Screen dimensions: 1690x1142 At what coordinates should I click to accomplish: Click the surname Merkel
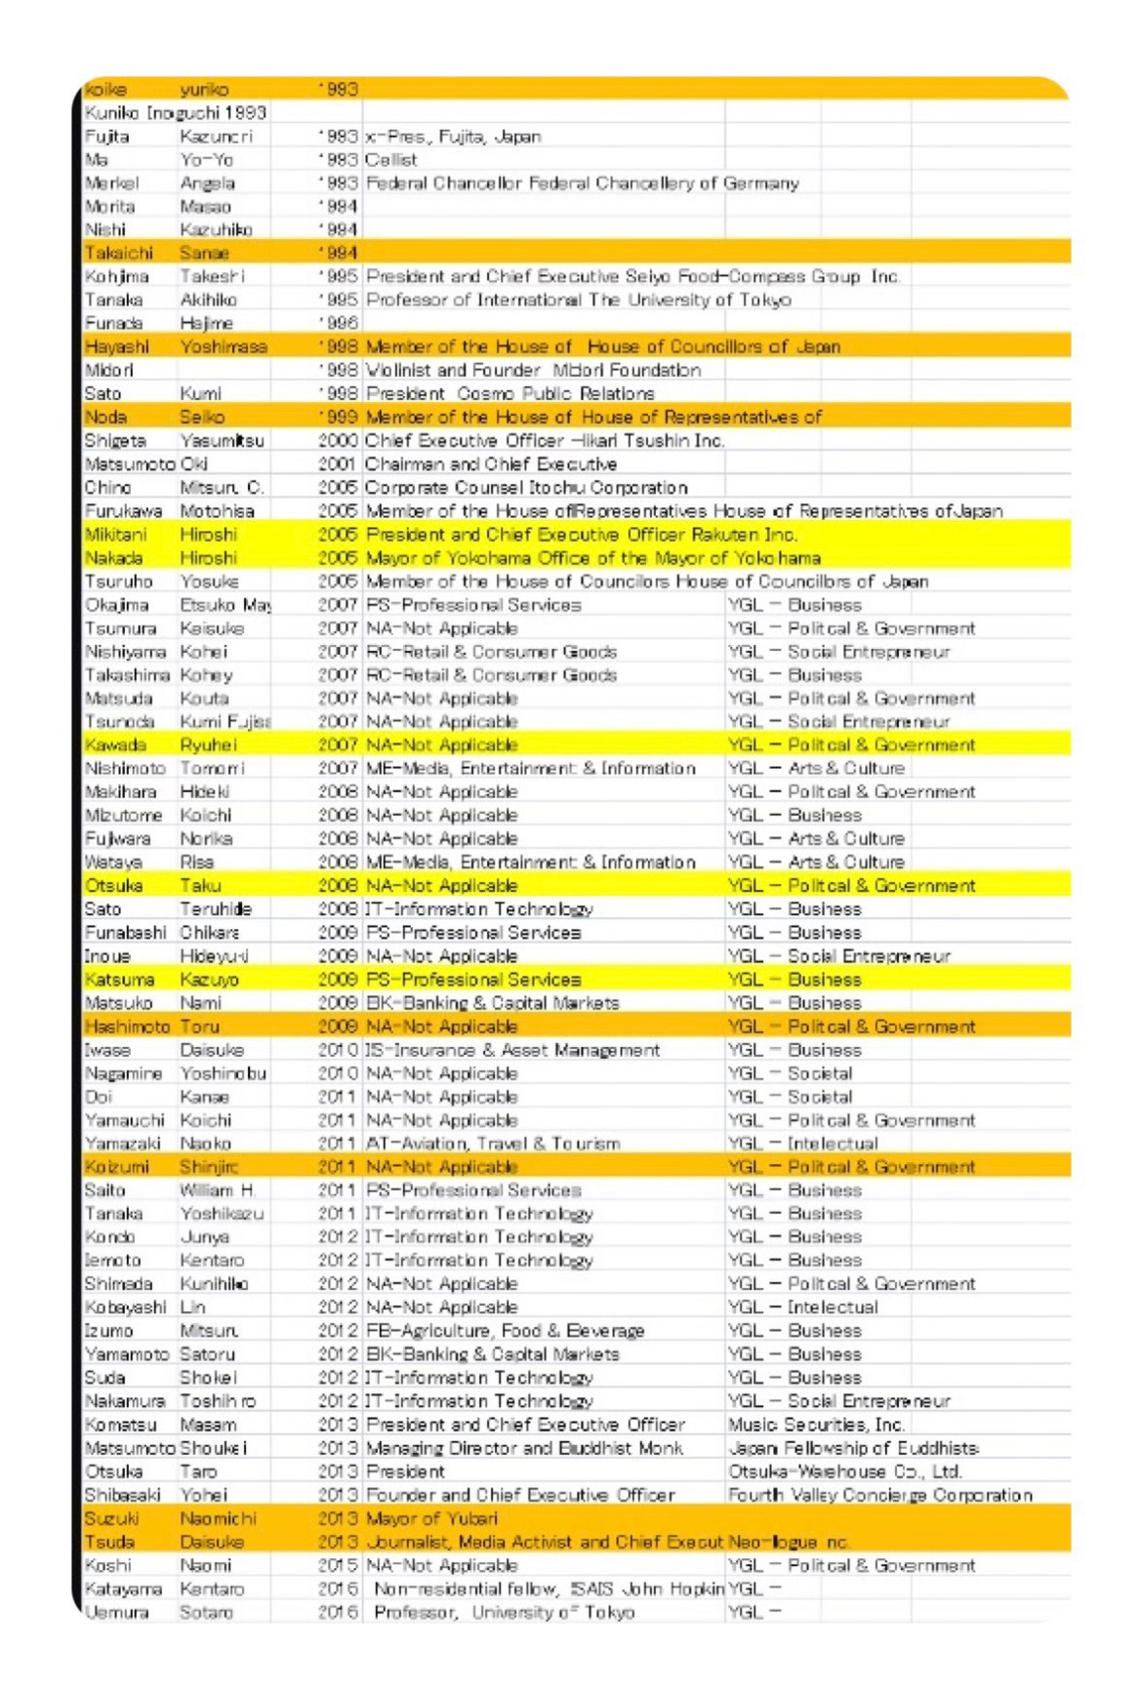[111, 183]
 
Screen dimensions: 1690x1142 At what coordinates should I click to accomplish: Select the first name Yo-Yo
[206, 160]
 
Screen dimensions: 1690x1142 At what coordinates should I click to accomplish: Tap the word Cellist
[391, 160]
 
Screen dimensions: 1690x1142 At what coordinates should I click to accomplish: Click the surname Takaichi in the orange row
[118, 254]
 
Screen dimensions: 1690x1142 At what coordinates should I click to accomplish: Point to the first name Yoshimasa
[224, 347]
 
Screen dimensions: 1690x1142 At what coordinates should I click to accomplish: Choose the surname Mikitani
[115, 535]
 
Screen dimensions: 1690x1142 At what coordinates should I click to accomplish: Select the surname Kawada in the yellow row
[115, 745]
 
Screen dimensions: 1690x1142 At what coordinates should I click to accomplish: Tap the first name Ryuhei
[209, 745]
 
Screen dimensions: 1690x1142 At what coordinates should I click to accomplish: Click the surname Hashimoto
[127, 1026]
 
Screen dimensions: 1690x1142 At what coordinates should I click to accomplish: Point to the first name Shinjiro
[209, 1167]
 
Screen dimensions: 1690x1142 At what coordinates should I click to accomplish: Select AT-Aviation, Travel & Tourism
[493, 1144]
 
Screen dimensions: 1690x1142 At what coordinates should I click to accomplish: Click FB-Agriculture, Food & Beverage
[505, 1331]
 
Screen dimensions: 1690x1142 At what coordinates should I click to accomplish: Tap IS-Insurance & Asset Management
[512, 1050]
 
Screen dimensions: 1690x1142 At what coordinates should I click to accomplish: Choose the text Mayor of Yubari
[431, 1518]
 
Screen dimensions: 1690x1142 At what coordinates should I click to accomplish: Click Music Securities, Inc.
[816, 1425]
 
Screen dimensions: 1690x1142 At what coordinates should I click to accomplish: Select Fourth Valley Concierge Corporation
[879, 1495]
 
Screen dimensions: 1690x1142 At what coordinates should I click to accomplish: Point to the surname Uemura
[116, 1612]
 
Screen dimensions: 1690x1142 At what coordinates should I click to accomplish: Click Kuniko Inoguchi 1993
[176, 113]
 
